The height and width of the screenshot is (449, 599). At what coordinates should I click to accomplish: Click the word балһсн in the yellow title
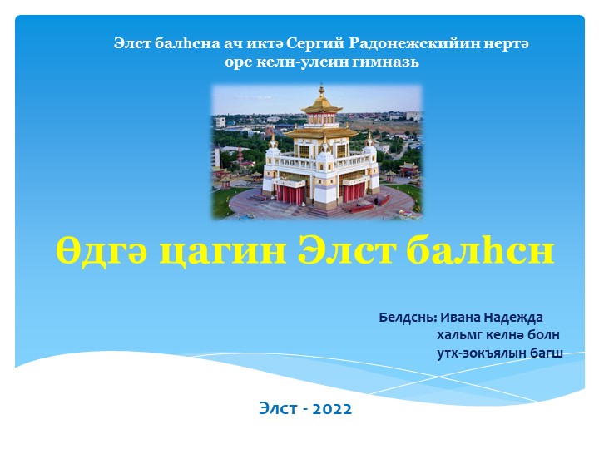tap(480, 250)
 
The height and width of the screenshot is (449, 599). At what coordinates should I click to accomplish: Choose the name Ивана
tap(463, 317)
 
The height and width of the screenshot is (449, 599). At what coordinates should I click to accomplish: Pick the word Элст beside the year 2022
tap(276, 408)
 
